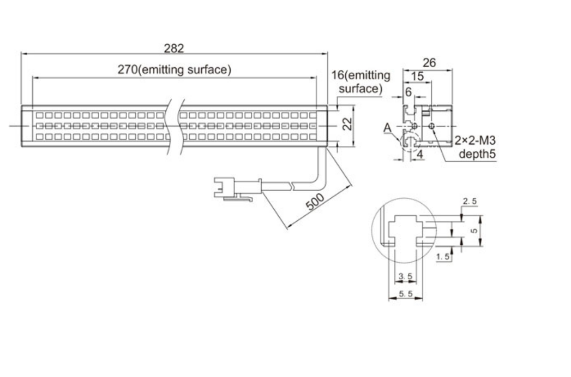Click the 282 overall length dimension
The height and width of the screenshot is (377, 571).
(175, 48)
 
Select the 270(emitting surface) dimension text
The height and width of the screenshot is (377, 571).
(175, 69)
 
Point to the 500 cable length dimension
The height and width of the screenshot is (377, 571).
(315, 201)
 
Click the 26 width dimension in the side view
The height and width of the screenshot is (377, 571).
(429, 63)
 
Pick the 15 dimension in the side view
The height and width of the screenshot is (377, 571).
(417, 76)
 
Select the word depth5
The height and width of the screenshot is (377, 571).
(476, 154)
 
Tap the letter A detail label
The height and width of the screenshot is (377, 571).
(387, 128)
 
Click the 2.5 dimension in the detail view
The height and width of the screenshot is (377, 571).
(470, 202)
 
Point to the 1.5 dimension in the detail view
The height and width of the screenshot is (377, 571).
(444, 257)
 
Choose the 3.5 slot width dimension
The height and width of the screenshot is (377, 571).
(405, 277)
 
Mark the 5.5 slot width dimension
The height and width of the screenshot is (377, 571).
(405, 294)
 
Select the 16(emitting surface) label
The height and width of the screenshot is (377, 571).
(361, 81)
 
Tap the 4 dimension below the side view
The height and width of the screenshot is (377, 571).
(419, 155)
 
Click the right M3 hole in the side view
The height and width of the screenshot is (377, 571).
(432, 127)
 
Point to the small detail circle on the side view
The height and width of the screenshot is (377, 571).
(407, 142)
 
